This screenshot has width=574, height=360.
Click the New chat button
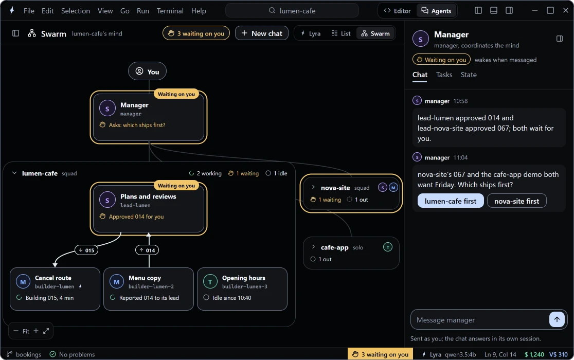click(261, 33)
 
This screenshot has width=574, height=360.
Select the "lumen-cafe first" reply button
click(450, 201)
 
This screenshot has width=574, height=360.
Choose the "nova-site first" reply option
click(516, 201)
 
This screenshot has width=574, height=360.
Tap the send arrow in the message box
click(557, 319)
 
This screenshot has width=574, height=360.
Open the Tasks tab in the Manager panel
click(444, 75)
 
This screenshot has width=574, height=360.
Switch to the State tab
click(469, 75)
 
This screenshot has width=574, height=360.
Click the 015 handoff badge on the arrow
click(86, 250)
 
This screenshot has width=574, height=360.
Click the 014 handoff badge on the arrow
click(147, 250)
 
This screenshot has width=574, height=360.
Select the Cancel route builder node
click(55, 289)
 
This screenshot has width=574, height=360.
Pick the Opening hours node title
click(243, 278)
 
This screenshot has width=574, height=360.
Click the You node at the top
click(147, 71)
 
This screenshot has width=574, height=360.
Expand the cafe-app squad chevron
click(313, 247)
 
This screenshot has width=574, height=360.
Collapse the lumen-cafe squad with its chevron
click(14, 173)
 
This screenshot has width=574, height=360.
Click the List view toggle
click(341, 33)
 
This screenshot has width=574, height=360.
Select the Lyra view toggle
click(311, 33)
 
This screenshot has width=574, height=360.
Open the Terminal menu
click(170, 11)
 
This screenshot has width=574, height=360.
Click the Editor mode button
click(397, 11)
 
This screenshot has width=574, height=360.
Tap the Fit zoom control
click(26, 331)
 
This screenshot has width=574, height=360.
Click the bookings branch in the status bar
click(24, 354)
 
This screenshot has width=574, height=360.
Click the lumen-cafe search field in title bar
click(292, 11)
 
